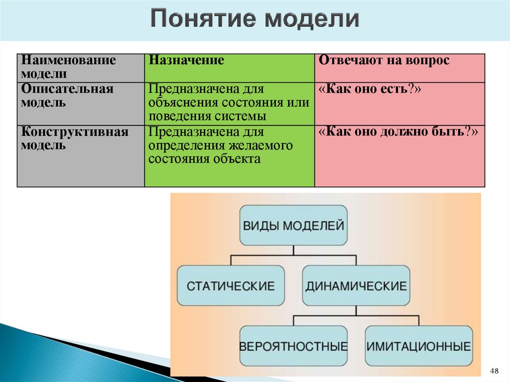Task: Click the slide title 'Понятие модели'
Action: (255, 19)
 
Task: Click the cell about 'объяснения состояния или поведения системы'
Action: (229, 103)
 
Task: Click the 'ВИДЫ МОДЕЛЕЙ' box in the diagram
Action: (293, 225)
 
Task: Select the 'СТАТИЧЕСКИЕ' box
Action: (231, 286)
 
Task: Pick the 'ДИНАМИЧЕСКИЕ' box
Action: (356, 286)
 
